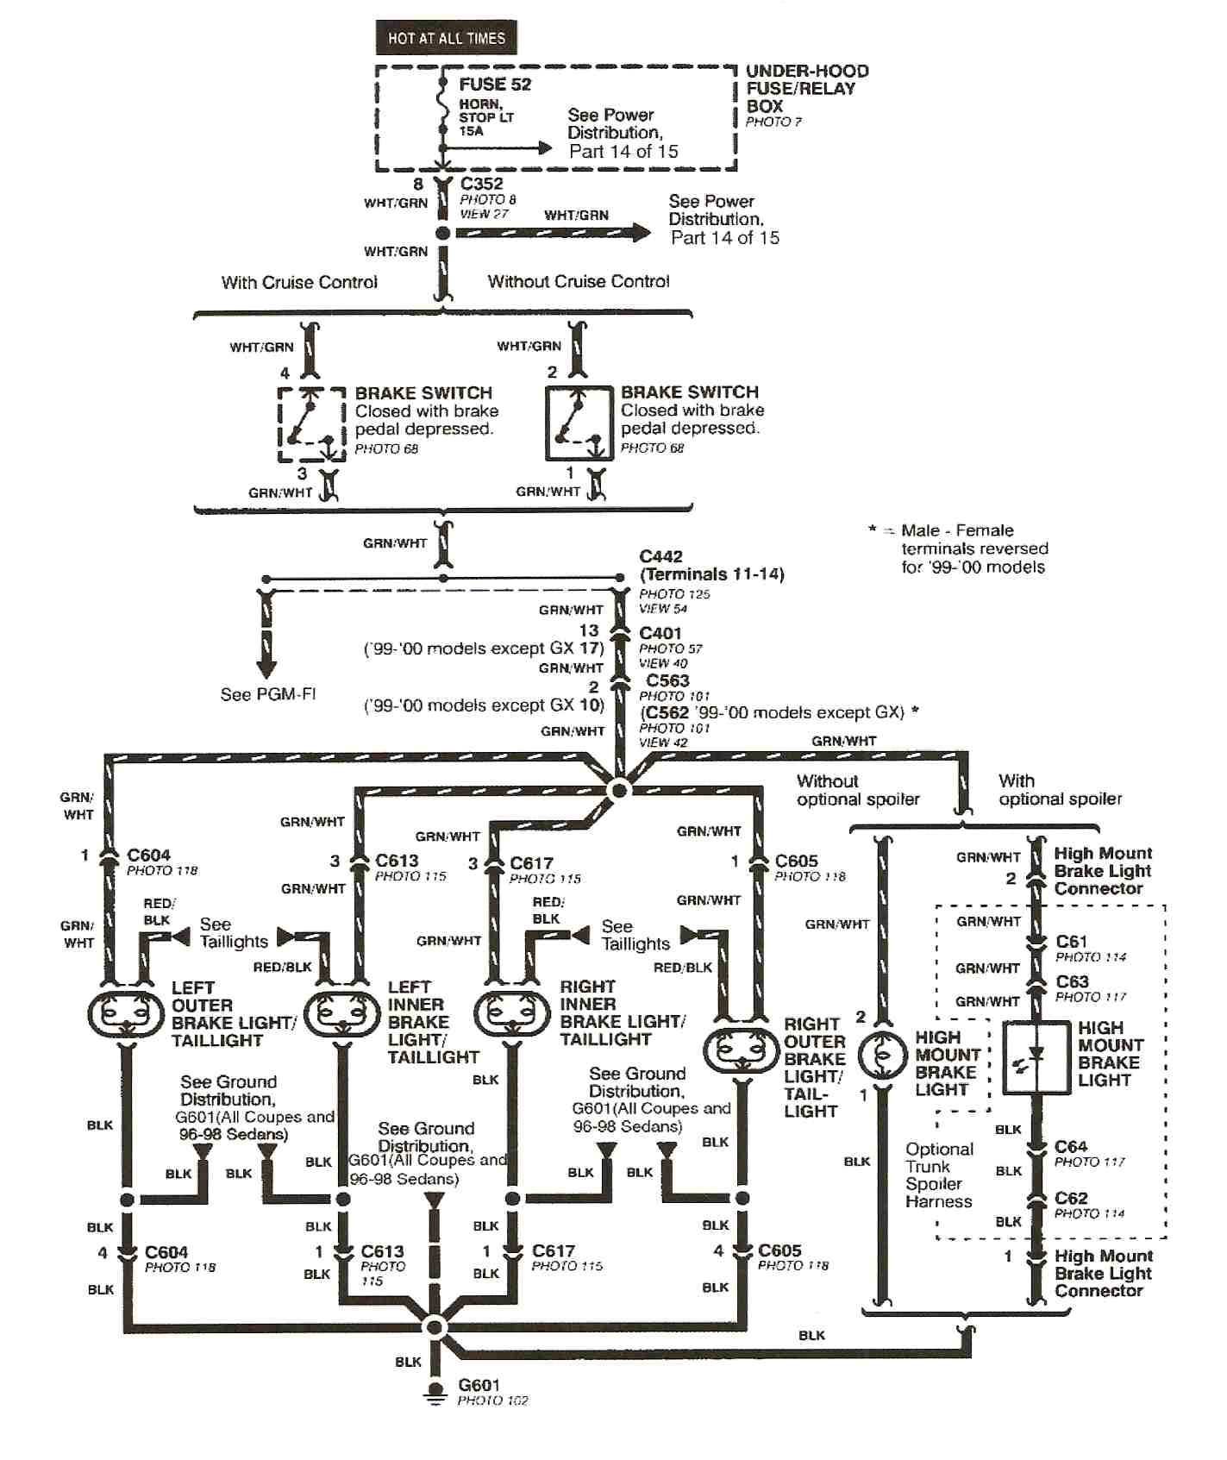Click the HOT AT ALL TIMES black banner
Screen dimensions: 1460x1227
pyautogui.click(x=446, y=38)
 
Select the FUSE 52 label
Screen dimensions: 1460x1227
pyautogui.click(x=494, y=85)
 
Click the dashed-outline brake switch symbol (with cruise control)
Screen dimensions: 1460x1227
pyautogui.click(x=311, y=425)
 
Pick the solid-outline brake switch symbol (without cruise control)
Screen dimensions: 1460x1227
pyautogui.click(x=579, y=423)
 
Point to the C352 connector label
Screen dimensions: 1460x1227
pyautogui.click(x=481, y=184)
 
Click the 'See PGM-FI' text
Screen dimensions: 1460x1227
pyautogui.click(x=268, y=694)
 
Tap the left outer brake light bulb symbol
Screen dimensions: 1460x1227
pyautogui.click(x=126, y=1014)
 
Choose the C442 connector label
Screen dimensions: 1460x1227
pyautogui.click(x=660, y=557)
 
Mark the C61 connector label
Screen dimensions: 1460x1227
pyautogui.click(x=1071, y=942)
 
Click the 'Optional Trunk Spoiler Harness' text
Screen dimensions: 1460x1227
pyautogui.click(x=939, y=1175)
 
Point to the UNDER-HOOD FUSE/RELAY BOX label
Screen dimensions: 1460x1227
pyautogui.click(x=805, y=89)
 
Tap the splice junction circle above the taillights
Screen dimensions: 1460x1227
pyautogui.click(x=618, y=789)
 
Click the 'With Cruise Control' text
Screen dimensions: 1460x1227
pyautogui.click(x=299, y=282)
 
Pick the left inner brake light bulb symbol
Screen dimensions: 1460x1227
pyautogui.click(x=341, y=1014)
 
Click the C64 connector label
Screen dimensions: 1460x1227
pyautogui.click(x=1070, y=1147)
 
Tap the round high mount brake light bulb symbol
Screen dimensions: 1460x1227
pyautogui.click(x=882, y=1055)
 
